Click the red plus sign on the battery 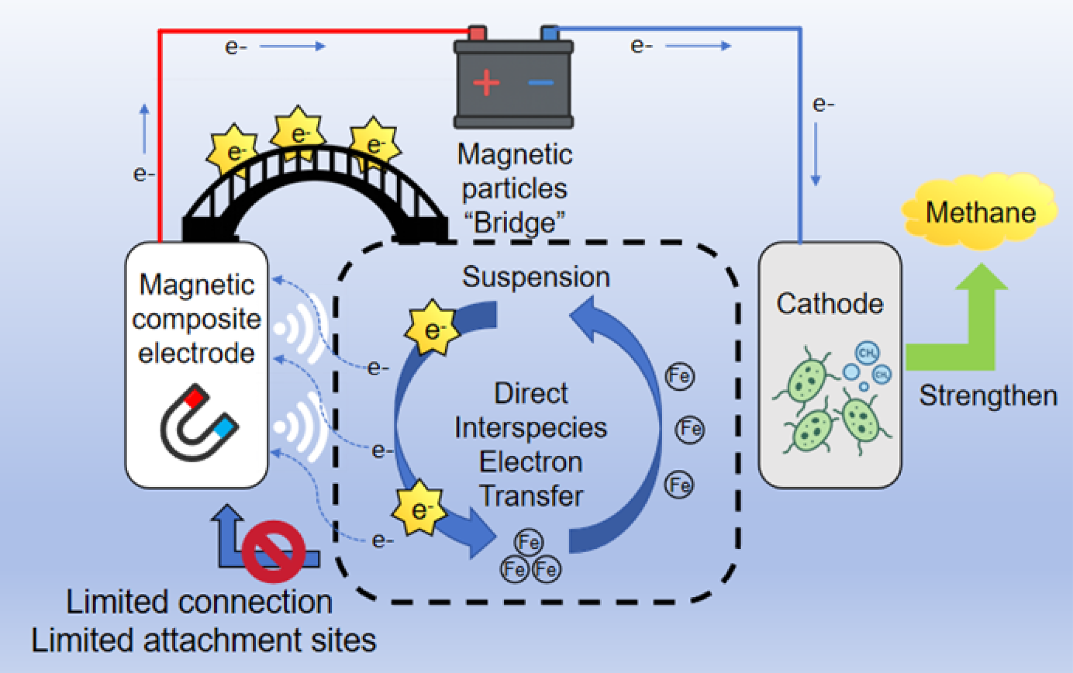tap(486, 83)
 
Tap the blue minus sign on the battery tap(541, 83)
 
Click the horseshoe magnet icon tap(198, 422)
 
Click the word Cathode tap(829, 304)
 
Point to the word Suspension tap(535, 277)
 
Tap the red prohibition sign tap(274, 551)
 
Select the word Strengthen tap(988, 396)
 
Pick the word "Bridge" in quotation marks tap(514, 222)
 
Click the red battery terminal tap(477, 33)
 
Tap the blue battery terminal tap(549, 33)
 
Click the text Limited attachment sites tap(204, 640)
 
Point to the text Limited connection tap(199, 602)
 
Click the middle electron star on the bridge tap(298, 133)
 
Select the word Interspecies tap(531, 428)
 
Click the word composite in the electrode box tap(197, 319)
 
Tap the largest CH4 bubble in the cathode tap(867, 352)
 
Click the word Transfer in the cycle tap(531, 496)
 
